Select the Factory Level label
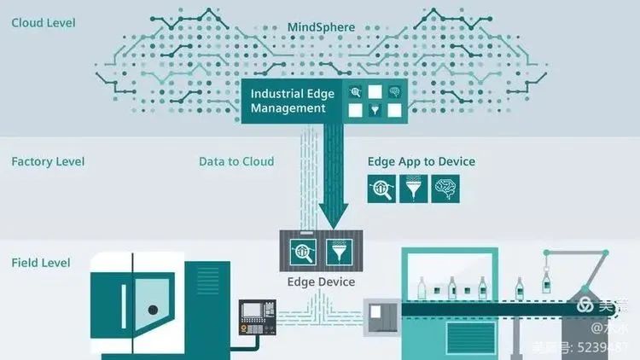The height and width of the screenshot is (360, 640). click(48, 161)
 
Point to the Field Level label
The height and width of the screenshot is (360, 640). click(41, 263)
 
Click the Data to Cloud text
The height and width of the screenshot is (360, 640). click(236, 161)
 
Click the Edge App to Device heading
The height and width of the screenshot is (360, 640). click(422, 161)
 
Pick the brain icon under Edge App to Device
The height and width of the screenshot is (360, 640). click(445, 189)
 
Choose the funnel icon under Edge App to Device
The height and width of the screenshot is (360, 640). click(414, 189)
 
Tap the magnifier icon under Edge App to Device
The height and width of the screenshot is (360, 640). click(381, 189)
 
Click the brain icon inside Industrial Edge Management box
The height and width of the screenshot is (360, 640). click(394, 91)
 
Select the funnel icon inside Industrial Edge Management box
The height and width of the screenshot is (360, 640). click(374, 109)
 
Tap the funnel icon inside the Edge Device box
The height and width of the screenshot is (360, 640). click(335, 251)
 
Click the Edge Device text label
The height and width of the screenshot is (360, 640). click(321, 282)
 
